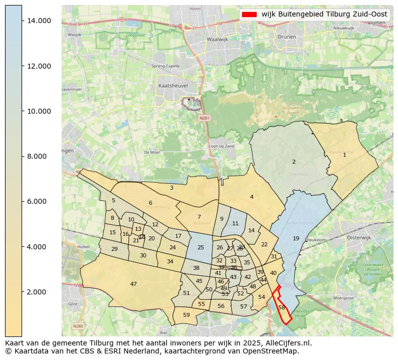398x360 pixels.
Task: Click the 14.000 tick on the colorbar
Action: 39,21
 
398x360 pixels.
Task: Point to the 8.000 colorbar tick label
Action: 39,156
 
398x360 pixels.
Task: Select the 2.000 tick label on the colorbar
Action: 39,292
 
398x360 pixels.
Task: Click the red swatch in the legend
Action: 249,14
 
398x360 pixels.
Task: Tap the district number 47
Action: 133,284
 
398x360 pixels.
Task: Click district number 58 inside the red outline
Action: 282,307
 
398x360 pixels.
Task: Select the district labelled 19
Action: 296,238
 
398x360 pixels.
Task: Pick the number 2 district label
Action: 294,162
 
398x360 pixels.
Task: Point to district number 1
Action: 344,155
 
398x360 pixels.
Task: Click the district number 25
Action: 201,247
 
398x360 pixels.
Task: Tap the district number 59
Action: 186,315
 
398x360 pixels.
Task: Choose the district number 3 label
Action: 171,188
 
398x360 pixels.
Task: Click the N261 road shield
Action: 204,118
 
